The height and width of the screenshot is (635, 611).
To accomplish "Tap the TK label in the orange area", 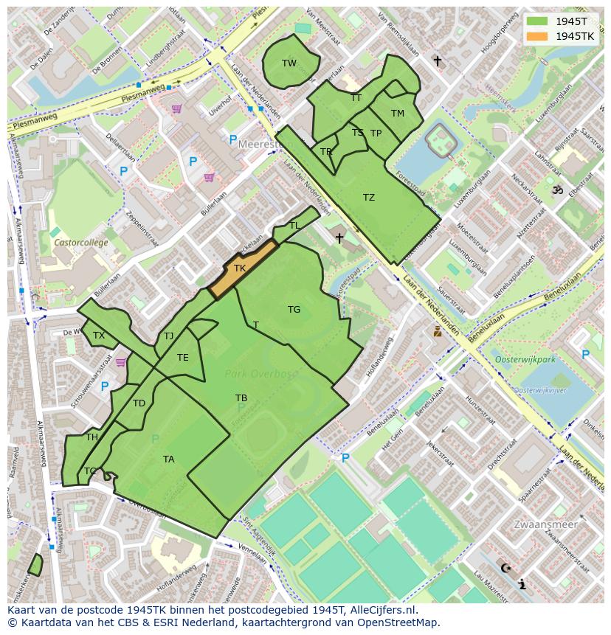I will point(240,268).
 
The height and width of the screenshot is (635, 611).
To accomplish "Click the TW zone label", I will point(289,63).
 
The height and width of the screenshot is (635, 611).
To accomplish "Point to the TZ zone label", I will point(369,198).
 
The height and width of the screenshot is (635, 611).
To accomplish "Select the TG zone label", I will point(294,310).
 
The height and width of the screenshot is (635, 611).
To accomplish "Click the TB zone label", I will point(241,398).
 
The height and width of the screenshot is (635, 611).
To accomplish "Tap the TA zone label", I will point(169,459).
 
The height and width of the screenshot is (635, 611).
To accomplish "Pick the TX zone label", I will point(99,336).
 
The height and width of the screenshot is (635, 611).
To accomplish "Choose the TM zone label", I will point(398,114).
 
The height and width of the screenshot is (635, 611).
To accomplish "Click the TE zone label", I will point(183,358).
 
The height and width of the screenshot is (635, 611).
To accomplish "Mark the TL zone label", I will point(294,226).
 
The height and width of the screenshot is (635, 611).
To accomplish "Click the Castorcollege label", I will point(80,243).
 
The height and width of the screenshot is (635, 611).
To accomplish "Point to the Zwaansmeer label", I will point(545,524).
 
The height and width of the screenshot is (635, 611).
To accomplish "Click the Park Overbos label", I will point(261,374).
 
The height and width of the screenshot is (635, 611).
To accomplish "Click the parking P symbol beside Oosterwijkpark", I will point(585,355).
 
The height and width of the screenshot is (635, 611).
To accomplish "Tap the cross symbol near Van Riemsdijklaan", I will point(437,61).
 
